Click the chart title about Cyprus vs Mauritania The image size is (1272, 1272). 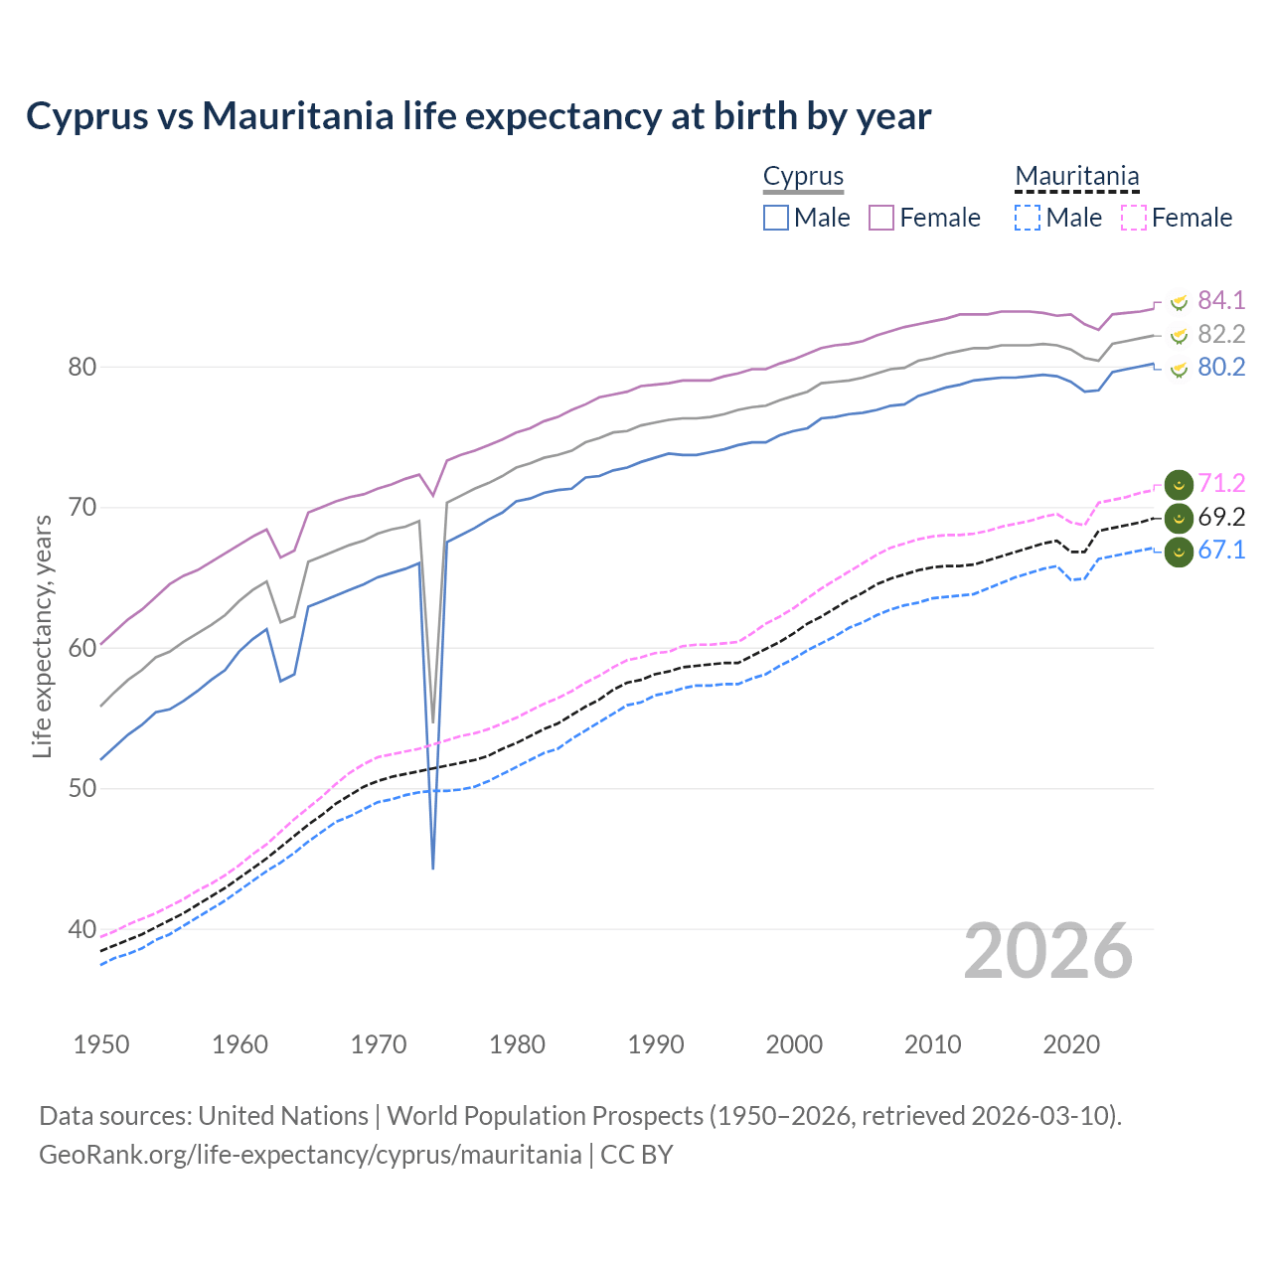(478, 116)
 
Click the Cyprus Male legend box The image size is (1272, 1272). (776, 218)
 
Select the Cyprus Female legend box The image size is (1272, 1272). (882, 218)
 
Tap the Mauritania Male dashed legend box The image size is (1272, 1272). (1028, 218)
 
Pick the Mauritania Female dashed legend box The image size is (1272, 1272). (1134, 218)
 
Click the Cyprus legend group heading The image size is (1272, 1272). (803, 176)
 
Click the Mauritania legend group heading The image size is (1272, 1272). (1076, 176)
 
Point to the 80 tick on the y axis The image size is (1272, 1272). (81, 367)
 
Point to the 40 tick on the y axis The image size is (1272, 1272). (81, 929)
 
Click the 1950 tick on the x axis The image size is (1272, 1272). (101, 1044)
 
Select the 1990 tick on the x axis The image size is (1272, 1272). (656, 1044)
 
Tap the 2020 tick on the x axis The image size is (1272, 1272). (1071, 1044)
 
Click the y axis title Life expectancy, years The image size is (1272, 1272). (42, 636)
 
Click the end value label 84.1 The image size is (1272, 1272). (1221, 300)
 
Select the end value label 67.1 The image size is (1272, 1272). (1221, 551)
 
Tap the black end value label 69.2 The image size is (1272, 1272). (1221, 517)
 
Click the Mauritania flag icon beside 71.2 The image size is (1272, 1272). (1179, 484)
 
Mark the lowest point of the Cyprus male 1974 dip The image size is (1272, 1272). (433, 869)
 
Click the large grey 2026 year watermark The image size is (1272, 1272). (1047, 951)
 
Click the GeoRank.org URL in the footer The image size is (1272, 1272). (310, 1155)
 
